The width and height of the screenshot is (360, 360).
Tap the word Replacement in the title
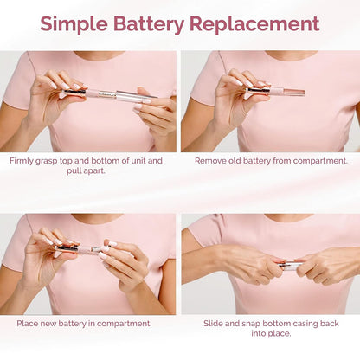pos(263,24)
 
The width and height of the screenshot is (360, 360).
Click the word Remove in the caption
pos(212,160)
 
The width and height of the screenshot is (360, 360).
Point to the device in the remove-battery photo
pos(275,90)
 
